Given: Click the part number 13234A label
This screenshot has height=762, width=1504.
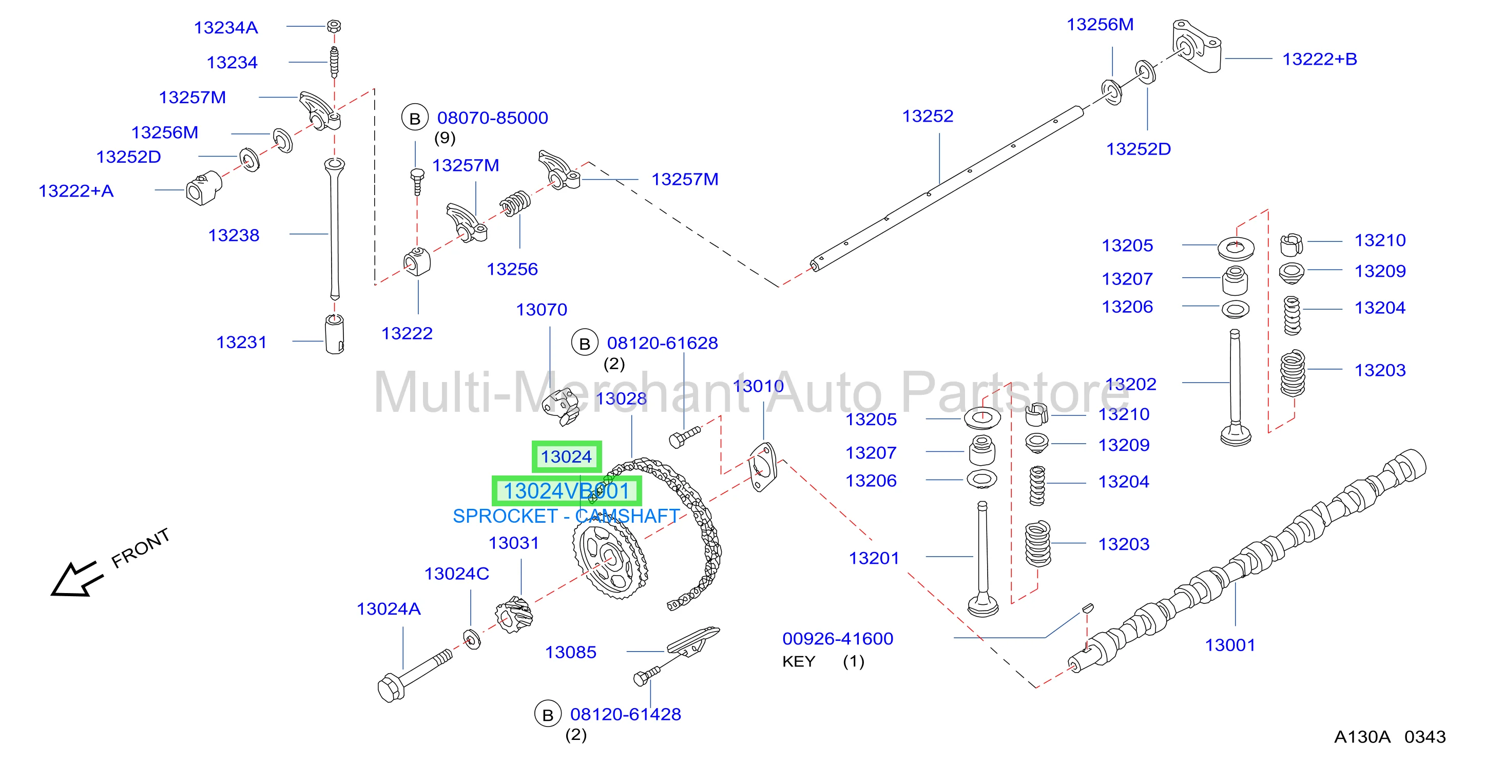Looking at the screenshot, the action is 225,27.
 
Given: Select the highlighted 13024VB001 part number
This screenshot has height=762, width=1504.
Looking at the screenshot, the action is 566,491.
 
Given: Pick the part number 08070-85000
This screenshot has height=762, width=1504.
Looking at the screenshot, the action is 492,118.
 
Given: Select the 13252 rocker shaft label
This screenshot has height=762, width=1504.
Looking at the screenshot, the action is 927,116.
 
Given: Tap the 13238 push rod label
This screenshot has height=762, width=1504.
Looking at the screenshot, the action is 234,235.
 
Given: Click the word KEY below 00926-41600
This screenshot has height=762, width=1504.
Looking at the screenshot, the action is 798,661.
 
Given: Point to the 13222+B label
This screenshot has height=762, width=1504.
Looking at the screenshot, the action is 1320,59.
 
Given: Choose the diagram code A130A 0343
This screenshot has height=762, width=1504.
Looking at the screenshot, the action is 1390,737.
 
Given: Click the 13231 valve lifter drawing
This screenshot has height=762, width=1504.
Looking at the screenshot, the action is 335,335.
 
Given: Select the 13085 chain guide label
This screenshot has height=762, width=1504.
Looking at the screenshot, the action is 570,652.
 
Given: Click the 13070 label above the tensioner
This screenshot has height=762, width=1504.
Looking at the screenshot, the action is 541,310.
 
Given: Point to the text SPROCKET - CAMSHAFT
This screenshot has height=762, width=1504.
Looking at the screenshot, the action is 566,516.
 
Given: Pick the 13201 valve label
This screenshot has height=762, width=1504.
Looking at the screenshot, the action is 874,558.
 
